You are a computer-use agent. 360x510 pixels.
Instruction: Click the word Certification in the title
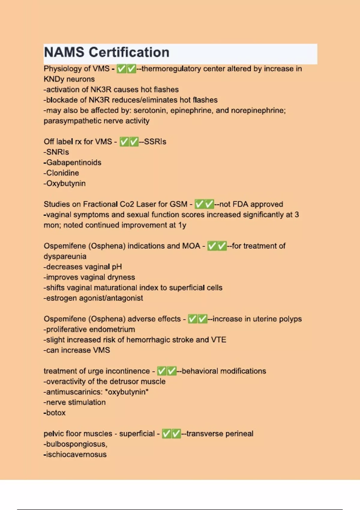pyautogui.click(x=129, y=52)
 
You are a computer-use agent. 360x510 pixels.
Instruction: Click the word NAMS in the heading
pyautogui.click(x=64, y=52)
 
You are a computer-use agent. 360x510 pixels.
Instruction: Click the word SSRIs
pyautogui.click(x=155, y=142)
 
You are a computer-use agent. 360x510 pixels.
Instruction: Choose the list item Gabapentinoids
pyautogui.click(x=73, y=163)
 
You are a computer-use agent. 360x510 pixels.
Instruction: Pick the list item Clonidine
pyautogui.click(x=62, y=173)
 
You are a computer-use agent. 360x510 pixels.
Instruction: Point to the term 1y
pyautogui.click(x=182, y=225)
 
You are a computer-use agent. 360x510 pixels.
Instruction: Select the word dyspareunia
pyautogui.click(x=65, y=256)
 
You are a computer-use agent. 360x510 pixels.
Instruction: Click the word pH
pyautogui.click(x=117, y=267)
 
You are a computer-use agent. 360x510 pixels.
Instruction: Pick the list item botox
pyautogui.click(x=55, y=413)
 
